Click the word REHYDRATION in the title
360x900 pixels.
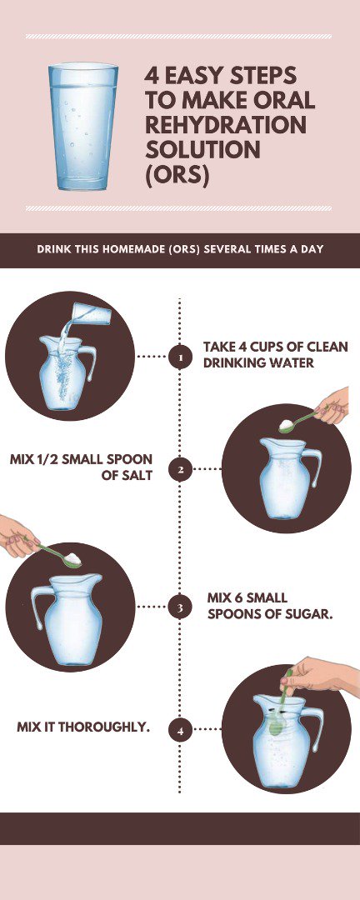point(226,126)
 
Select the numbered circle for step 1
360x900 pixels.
point(181,357)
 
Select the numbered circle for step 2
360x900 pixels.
point(181,469)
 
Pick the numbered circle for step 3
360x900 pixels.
point(181,607)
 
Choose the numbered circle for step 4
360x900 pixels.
point(181,730)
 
